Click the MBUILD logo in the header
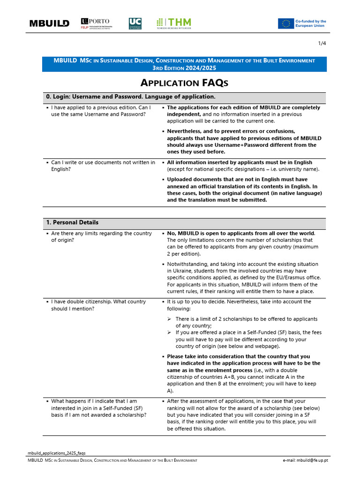[49, 23]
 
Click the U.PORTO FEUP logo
[95, 23]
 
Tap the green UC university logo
[135, 23]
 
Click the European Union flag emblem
[285, 23]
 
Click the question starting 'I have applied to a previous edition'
[100, 111]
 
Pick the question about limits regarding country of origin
[101, 237]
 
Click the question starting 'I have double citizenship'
[98, 305]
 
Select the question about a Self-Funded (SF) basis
[98, 408]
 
